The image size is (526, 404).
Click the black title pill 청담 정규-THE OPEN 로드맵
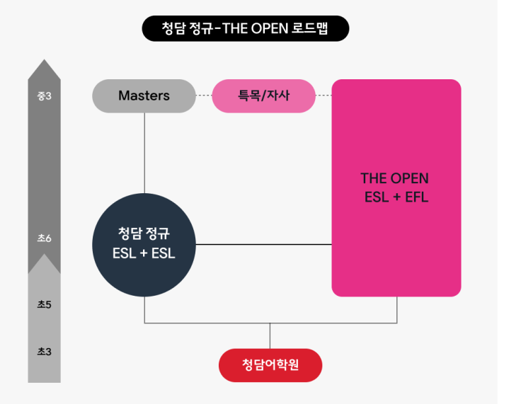pyautogui.click(x=245, y=28)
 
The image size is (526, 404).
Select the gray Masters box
pyautogui.click(x=144, y=96)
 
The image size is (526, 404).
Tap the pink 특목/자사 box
pyautogui.click(x=263, y=96)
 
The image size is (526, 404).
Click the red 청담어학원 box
pyautogui.click(x=270, y=365)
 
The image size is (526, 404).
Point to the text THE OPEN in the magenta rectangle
pyautogui.click(x=394, y=178)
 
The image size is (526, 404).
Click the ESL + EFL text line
pyautogui.click(x=396, y=197)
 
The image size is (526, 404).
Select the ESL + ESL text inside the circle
pyautogui.click(x=144, y=253)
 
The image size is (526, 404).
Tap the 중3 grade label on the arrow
pyautogui.click(x=44, y=96)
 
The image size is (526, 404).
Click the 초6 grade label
pyautogui.click(x=44, y=238)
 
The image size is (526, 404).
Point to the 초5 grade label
pyautogui.click(x=44, y=305)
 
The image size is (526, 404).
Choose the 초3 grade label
pyautogui.click(x=44, y=350)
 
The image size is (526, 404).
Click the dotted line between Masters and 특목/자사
pyautogui.click(x=204, y=96)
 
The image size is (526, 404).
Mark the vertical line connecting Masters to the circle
pyautogui.click(x=144, y=152)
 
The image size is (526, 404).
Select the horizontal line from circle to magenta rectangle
pyautogui.click(x=263, y=245)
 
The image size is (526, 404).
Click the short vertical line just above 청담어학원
pyautogui.click(x=270, y=336)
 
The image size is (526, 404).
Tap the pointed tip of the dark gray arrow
pyautogui.click(x=44, y=62)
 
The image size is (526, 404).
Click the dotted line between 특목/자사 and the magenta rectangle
pyautogui.click(x=324, y=96)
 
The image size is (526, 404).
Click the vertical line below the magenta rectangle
pyautogui.click(x=396, y=310)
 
